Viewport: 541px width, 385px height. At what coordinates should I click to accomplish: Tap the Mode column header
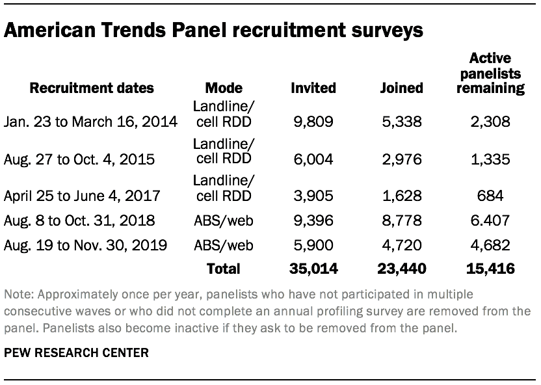point(223,87)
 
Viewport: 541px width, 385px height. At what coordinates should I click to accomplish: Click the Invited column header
point(313,87)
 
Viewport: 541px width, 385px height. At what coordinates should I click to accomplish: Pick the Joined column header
point(401,87)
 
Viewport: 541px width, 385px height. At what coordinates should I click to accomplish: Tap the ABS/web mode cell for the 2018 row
point(223,220)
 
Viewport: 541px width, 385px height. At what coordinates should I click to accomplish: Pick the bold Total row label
point(223,269)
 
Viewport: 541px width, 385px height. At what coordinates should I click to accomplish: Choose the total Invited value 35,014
point(313,269)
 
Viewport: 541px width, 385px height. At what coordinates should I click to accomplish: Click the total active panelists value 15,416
point(491,269)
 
